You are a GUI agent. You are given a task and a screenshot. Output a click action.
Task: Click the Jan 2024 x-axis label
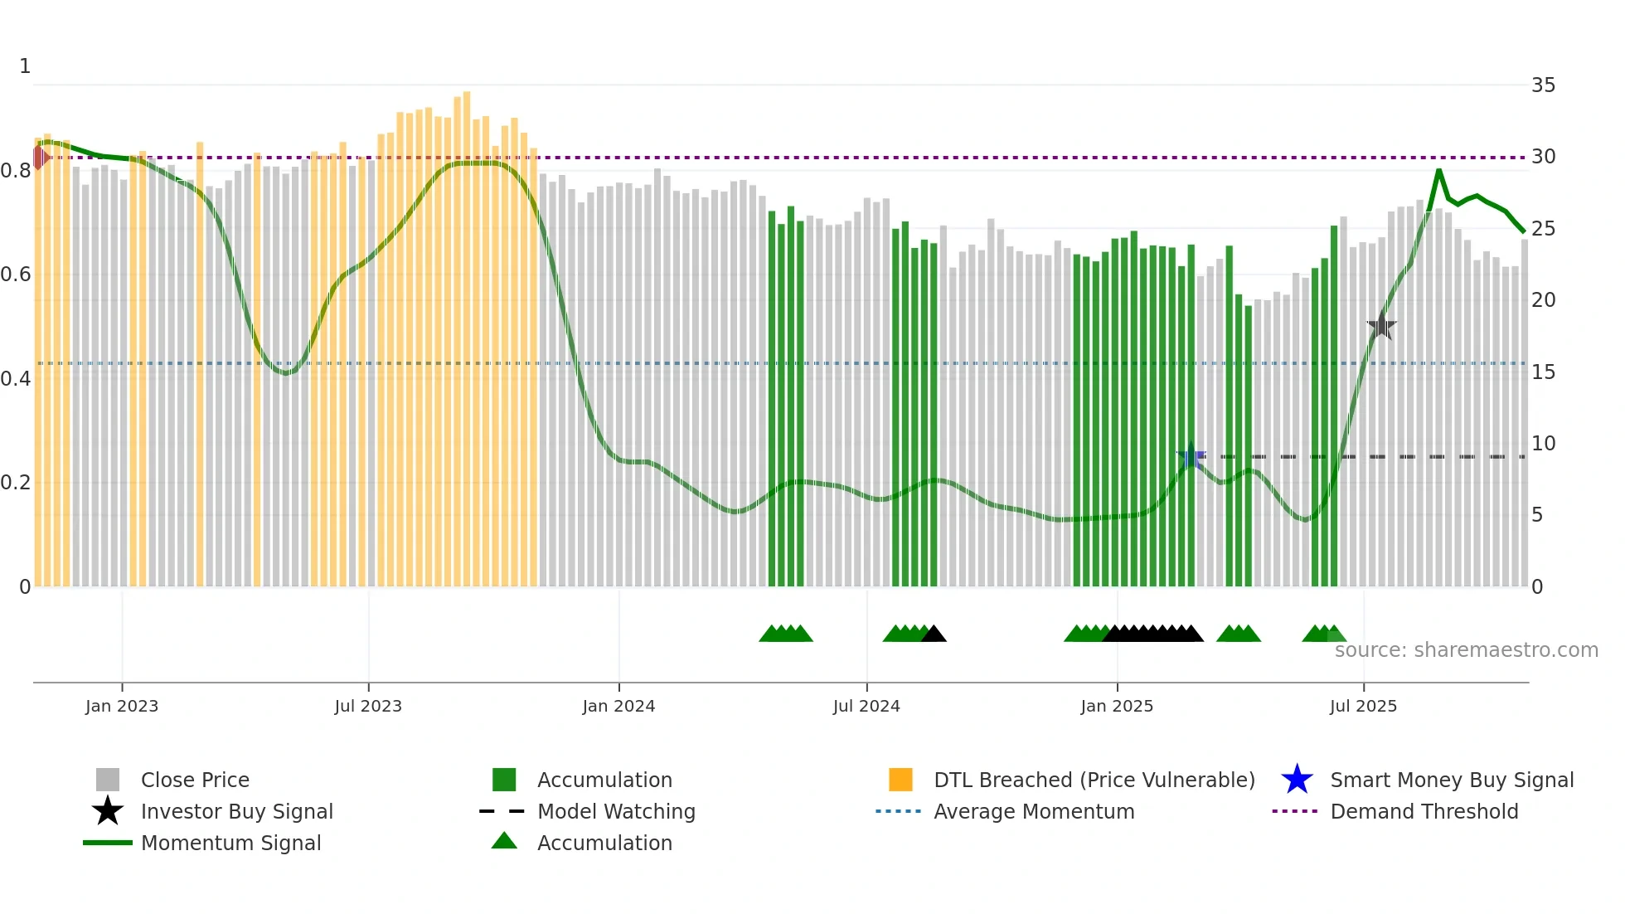618,706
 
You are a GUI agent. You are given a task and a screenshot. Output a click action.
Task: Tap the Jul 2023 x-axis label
368,706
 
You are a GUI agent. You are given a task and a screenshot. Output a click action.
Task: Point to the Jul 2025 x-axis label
1363,706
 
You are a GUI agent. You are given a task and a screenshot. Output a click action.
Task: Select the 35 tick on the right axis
1543,85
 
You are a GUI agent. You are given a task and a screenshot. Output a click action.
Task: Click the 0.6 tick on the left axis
16,275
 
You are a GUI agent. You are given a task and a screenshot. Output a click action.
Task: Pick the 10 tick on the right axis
1543,444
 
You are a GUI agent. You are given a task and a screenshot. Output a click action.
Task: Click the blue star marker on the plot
1191,457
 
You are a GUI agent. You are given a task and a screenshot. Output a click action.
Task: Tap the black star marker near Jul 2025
1381,326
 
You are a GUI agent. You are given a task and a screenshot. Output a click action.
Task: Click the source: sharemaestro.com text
1466,650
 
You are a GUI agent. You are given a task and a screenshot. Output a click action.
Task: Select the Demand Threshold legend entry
1424,811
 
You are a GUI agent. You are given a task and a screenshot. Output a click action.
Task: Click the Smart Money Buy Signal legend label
1452,780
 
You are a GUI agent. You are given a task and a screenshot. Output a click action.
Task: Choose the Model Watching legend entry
615,811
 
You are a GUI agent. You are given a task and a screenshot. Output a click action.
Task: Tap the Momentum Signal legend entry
230,843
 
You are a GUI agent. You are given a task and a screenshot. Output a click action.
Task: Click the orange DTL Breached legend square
900,780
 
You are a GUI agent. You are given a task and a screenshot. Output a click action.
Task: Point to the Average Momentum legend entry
1033,811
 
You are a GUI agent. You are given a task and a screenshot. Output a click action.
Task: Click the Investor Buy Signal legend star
108,811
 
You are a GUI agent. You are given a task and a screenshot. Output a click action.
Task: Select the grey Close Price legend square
108,780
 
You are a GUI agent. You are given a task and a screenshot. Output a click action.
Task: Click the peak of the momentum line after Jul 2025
1438,170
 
